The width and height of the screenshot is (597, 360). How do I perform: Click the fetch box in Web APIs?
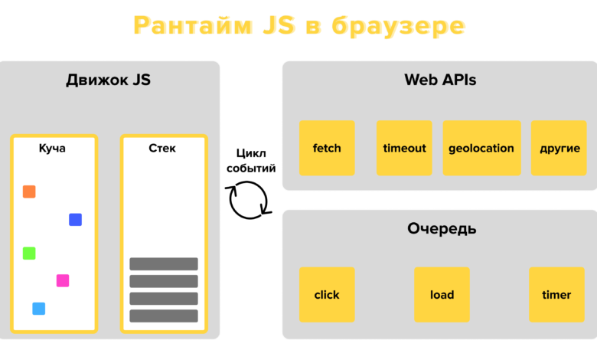coord(327,148)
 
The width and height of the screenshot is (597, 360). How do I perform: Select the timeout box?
coord(404,148)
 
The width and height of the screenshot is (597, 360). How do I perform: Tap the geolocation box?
coord(481,148)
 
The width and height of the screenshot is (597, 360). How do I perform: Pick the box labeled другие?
coord(559,148)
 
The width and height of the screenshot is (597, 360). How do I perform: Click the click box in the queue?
coord(327,295)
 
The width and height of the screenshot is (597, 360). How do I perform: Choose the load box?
coord(442,295)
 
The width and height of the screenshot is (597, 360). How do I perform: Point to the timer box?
coord(556,295)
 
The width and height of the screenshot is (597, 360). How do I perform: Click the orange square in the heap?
coord(29,191)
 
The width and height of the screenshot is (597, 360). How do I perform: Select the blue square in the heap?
coord(75,220)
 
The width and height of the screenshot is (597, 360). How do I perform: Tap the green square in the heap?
coord(29,253)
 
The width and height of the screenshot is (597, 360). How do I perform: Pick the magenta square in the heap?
coord(63,280)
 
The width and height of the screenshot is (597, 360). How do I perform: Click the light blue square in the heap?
coord(38,309)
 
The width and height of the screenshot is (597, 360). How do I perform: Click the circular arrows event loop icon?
coord(249,200)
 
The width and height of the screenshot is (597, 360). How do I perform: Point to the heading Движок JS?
coord(108,80)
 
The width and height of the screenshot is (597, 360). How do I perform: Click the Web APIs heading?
coord(440,80)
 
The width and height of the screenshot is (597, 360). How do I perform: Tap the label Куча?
coord(52,148)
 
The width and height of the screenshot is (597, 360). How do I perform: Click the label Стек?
coord(162,148)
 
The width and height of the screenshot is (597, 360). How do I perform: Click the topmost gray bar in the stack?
coord(164,264)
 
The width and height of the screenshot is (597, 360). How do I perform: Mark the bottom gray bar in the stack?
coord(164,316)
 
